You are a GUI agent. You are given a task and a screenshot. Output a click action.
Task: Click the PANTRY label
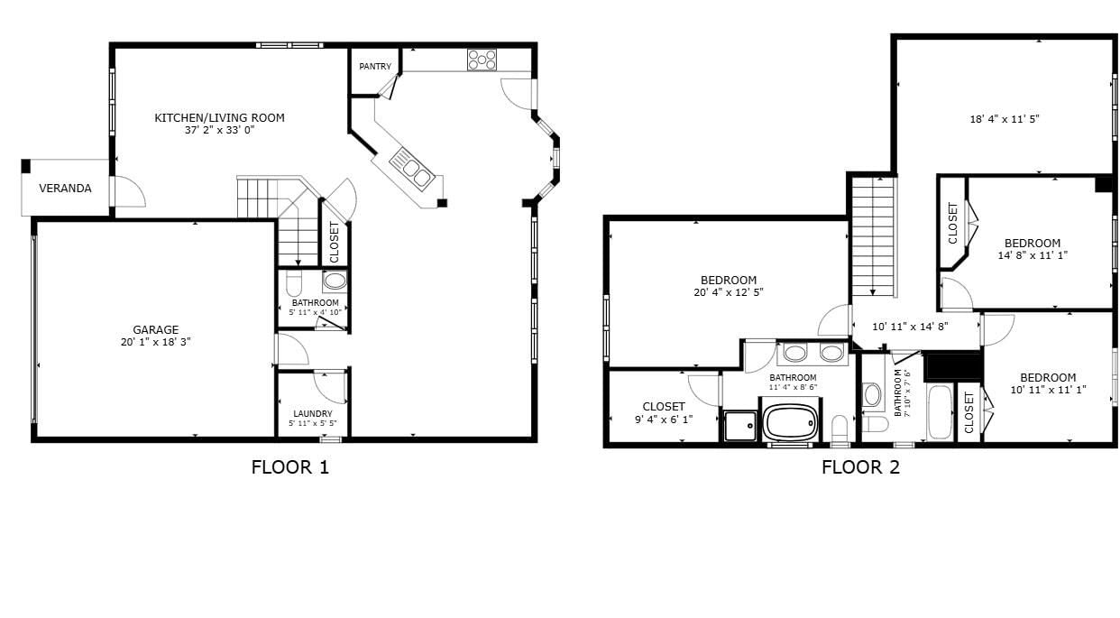tap(375, 67)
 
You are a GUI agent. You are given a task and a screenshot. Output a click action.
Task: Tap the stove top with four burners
tap(482, 60)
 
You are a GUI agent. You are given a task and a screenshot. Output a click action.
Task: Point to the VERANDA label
tap(65, 189)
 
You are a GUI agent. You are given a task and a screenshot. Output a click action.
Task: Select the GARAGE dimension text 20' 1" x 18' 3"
tap(155, 342)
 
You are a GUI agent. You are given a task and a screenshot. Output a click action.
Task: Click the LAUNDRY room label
tap(313, 414)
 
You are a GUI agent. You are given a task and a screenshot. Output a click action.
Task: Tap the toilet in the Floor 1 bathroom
tap(294, 284)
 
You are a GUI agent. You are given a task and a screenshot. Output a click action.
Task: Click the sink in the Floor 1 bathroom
tap(335, 281)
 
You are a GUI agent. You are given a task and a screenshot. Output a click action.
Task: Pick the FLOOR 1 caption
tap(290, 467)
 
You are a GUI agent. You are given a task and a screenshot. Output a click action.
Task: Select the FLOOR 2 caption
tap(860, 467)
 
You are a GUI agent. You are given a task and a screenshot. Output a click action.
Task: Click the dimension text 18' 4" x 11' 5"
tap(1005, 119)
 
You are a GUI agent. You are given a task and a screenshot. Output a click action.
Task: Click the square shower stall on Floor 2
tap(740, 426)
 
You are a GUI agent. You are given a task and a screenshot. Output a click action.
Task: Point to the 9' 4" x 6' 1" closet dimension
tap(664, 420)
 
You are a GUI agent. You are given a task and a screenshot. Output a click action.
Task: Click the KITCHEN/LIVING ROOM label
tap(219, 118)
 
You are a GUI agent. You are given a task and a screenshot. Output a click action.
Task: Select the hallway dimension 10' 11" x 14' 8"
tap(910, 327)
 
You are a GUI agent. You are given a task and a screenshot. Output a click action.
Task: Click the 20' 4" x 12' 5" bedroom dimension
tap(729, 292)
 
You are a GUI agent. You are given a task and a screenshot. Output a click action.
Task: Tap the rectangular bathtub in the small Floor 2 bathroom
tap(940, 412)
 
